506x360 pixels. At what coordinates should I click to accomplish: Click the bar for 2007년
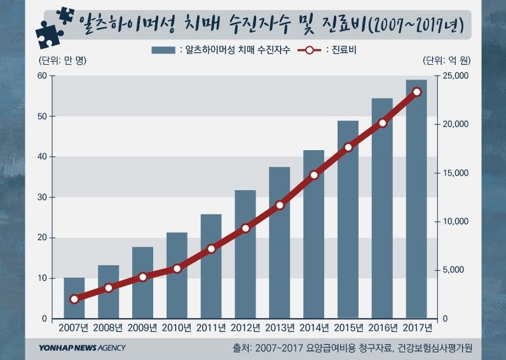tap(74, 298)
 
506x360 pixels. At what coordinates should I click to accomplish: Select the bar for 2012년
tap(245, 254)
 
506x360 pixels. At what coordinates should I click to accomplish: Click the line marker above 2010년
tap(177, 268)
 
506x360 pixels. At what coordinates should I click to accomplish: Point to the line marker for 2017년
tap(417, 92)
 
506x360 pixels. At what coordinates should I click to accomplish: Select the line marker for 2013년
tap(280, 205)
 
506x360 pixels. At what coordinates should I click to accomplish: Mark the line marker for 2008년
tap(109, 288)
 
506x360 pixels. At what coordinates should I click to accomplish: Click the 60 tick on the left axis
tap(42, 76)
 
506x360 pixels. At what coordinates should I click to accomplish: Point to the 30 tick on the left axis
tap(42, 197)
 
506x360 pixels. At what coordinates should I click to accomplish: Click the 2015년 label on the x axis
tap(348, 328)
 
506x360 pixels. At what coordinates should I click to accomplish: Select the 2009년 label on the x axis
tap(142, 328)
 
